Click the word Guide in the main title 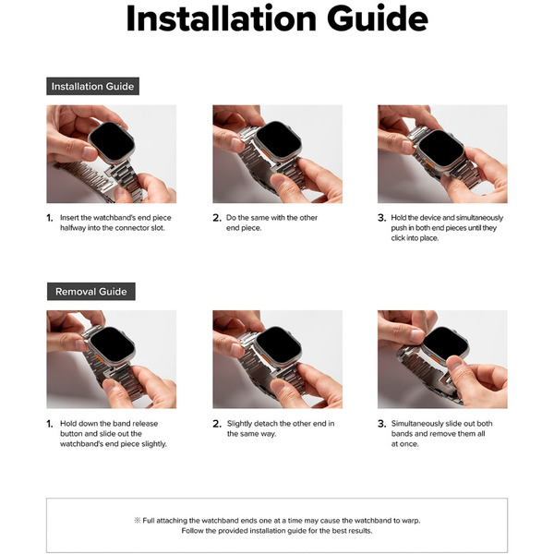click(x=378, y=18)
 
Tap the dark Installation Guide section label click(x=92, y=86)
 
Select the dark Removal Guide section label click(x=91, y=292)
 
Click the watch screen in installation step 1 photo click(x=112, y=142)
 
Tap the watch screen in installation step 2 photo click(x=279, y=140)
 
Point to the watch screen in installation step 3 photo click(x=441, y=150)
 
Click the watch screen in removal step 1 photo click(x=112, y=346)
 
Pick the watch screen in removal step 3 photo click(x=445, y=343)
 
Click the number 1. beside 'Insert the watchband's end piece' click(x=50, y=218)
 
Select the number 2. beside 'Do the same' click(x=217, y=218)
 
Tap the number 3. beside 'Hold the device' click(x=381, y=218)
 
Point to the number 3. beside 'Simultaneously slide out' click(x=381, y=424)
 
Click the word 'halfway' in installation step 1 click(x=73, y=228)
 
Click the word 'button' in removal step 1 click(x=71, y=434)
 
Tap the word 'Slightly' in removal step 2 click(x=239, y=424)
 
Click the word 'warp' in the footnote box click(x=412, y=521)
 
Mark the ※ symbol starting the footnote click(x=138, y=521)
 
